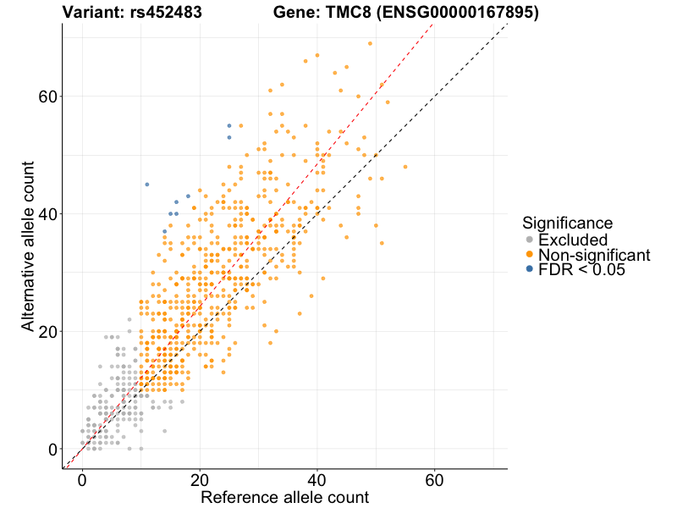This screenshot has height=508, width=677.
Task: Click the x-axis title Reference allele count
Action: pyautogui.click(x=284, y=497)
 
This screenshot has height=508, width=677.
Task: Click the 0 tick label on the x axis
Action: pyautogui.click(x=82, y=480)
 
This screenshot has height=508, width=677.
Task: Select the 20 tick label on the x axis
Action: pyautogui.click(x=200, y=480)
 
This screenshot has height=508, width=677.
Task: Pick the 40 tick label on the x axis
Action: pyautogui.click(x=317, y=480)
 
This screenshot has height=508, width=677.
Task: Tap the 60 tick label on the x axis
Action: pyautogui.click(x=434, y=480)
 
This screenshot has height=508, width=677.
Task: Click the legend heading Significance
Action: pyautogui.click(x=567, y=224)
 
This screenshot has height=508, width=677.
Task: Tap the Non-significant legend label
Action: pyautogui.click(x=594, y=255)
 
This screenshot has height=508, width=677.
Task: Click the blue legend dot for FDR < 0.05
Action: pyautogui.click(x=530, y=269)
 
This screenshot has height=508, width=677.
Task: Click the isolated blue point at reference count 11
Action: pyautogui.click(x=146, y=184)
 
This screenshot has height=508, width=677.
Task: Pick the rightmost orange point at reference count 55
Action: pyautogui.click(x=405, y=167)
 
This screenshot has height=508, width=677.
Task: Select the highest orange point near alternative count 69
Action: pyautogui.click(x=370, y=43)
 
